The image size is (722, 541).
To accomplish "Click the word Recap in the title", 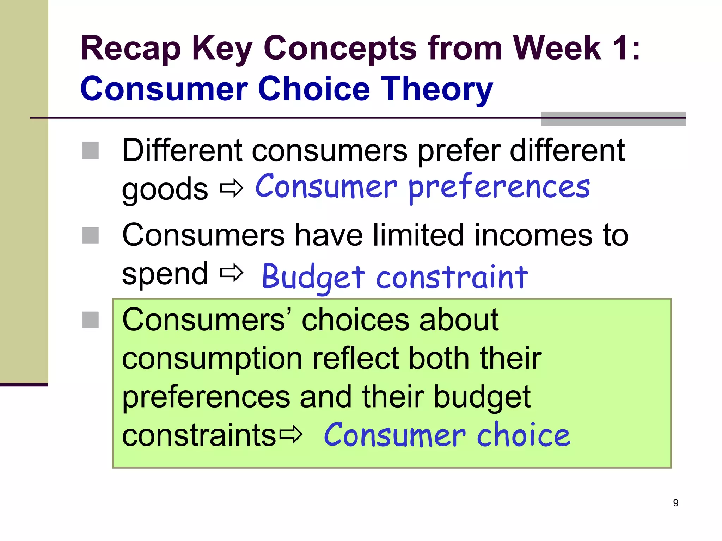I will (x=130, y=49).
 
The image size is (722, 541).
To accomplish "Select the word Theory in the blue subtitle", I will (x=436, y=89).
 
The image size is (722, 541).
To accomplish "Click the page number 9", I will (x=675, y=503).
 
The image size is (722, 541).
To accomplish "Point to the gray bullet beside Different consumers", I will (x=90, y=151).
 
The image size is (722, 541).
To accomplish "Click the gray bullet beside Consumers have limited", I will (x=90, y=235).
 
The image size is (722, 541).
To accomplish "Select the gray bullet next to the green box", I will (x=90, y=320).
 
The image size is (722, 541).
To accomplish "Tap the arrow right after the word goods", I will (x=232, y=188).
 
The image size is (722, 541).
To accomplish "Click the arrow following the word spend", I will (x=232, y=273).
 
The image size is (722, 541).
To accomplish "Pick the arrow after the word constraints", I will (x=291, y=435).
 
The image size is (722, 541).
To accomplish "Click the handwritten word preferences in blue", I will (x=499, y=188).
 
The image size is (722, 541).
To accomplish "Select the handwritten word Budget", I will (x=313, y=278).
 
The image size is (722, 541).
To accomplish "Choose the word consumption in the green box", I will (x=212, y=359).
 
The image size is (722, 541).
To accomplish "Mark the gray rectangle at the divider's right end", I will (x=613, y=119).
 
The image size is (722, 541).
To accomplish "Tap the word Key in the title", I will (x=222, y=49).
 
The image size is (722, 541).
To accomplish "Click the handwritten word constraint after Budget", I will (x=452, y=278).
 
